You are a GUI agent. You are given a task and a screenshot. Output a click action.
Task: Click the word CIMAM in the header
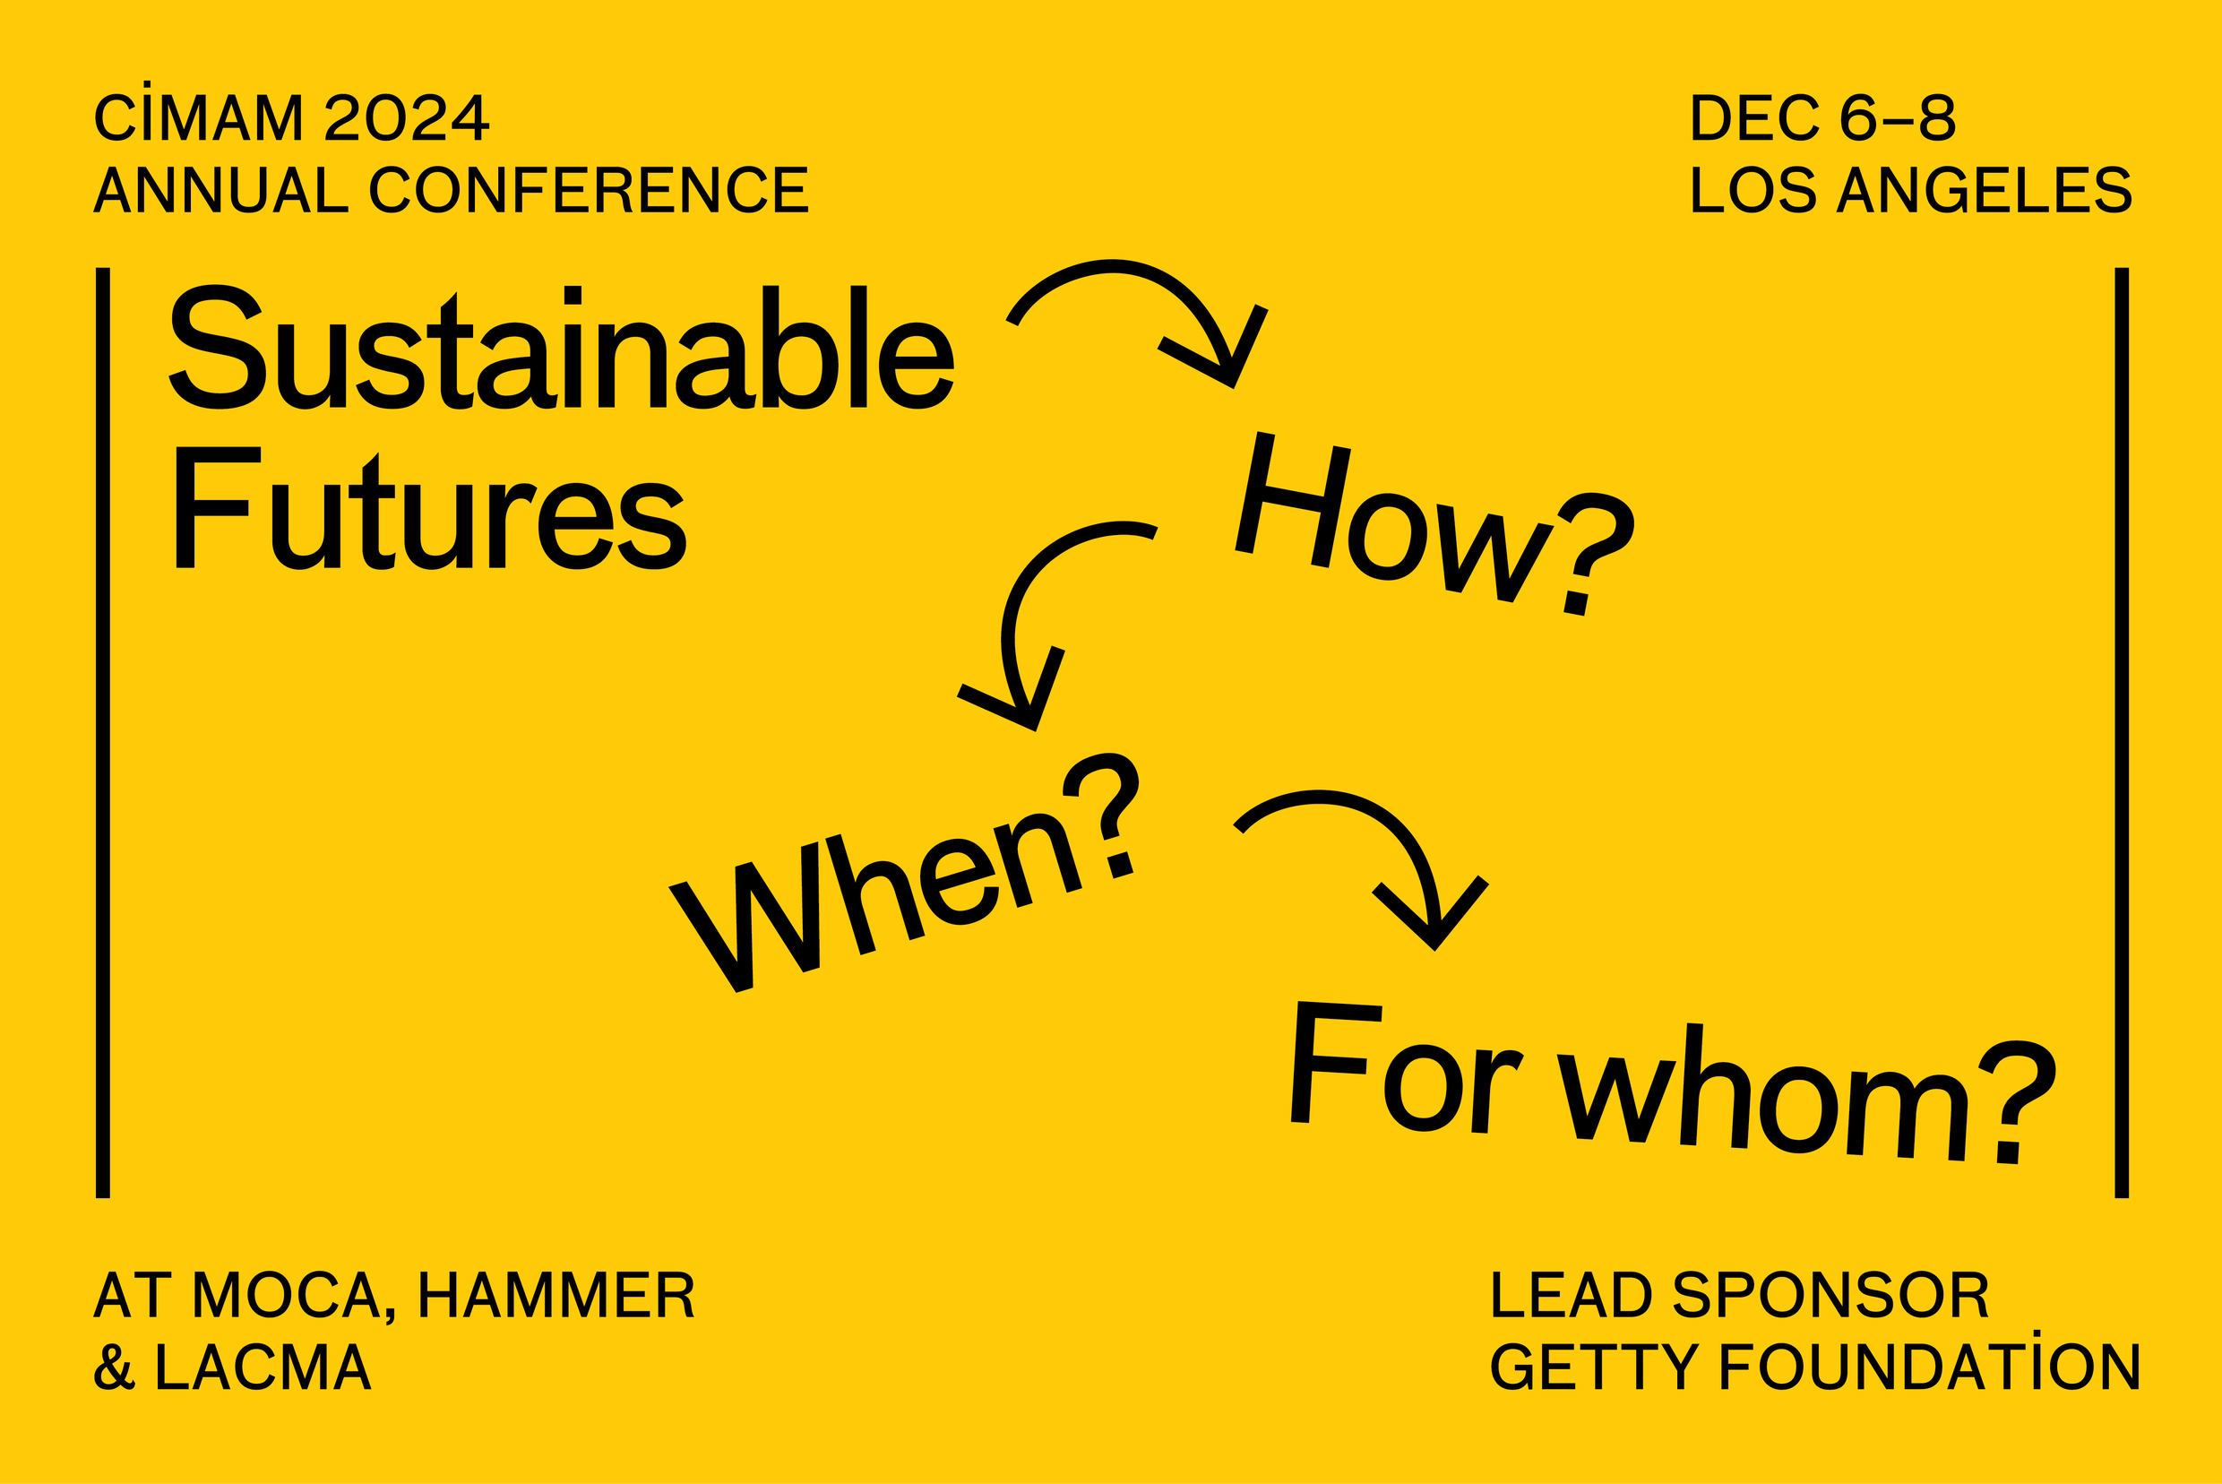pos(198,117)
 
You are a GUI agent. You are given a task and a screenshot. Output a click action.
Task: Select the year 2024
pos(407,117)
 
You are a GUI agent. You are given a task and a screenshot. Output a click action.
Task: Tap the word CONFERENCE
pos(589,190)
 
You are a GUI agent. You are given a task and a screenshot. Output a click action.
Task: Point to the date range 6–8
pos(1898,117)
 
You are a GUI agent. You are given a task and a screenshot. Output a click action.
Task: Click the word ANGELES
pos(1985,190)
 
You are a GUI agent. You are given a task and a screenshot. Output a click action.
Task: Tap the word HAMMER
pos(556,1295)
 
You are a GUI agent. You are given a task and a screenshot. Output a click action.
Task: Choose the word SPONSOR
pos(1832,1295)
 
